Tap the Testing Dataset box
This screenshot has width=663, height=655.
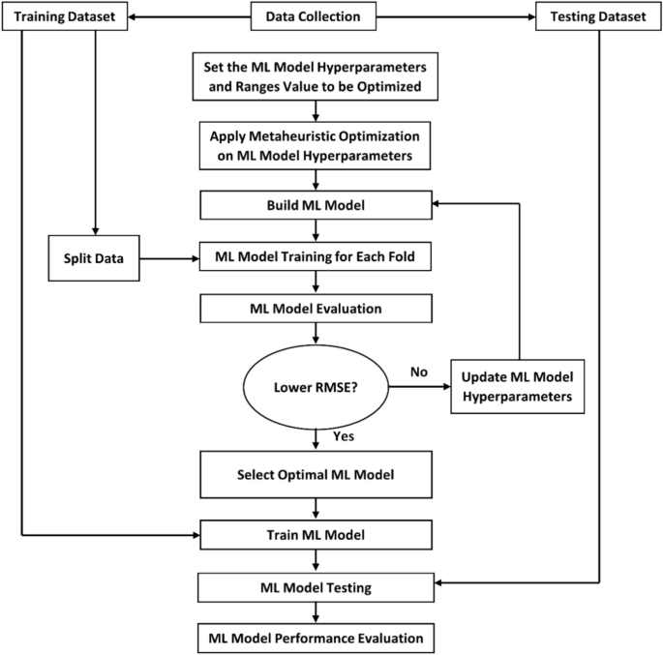tap(597, 16)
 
